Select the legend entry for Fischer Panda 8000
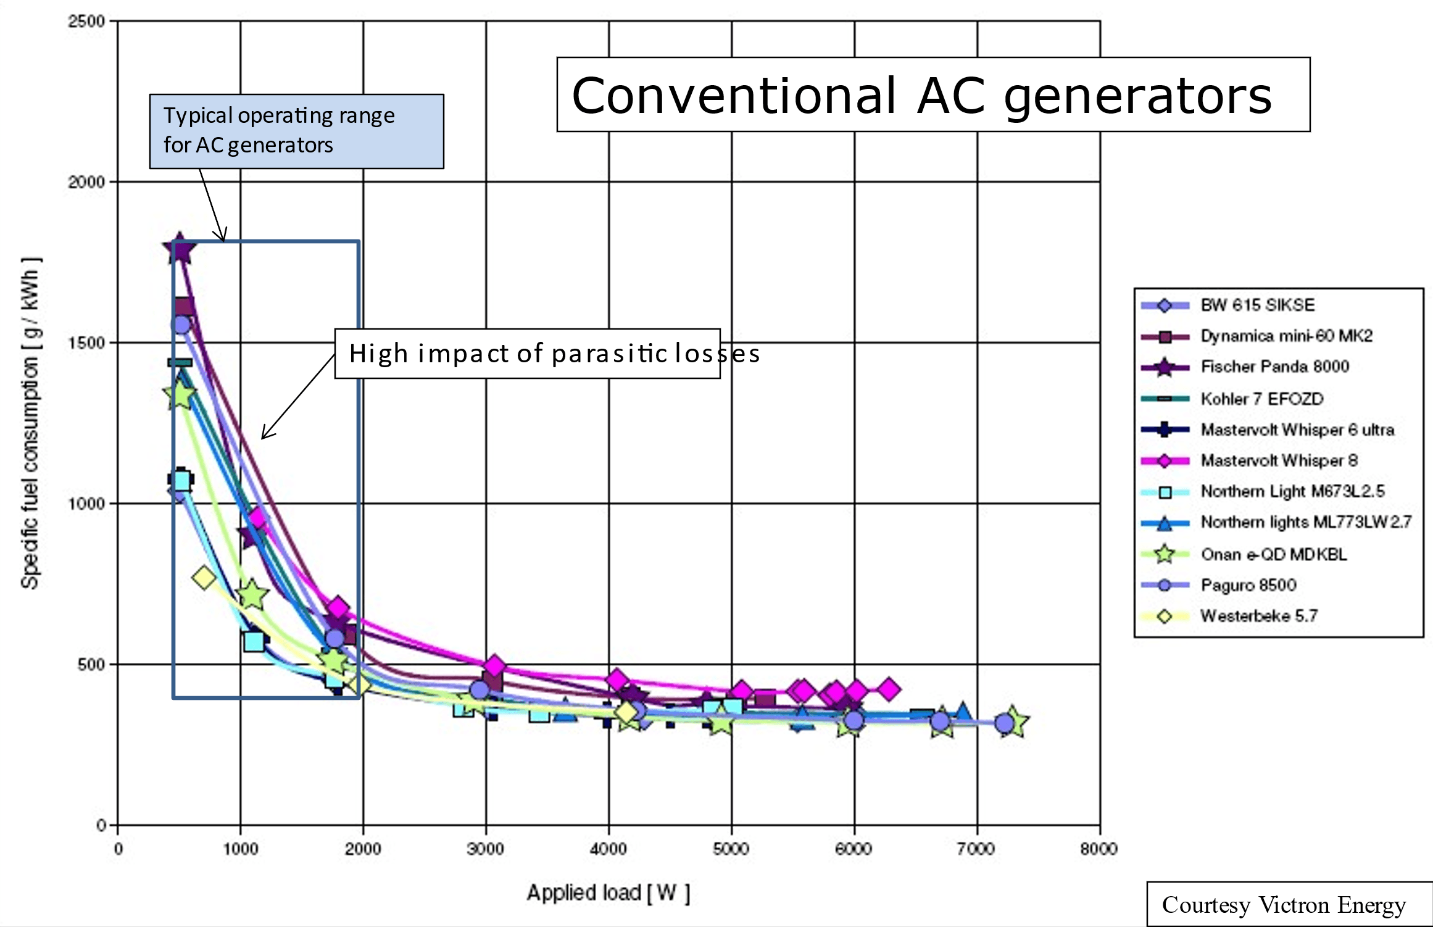coord(1275,367)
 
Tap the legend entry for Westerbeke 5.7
coord(1259,616)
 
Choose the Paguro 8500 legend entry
coord(1248,585)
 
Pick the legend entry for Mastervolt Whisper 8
coord(1279,460)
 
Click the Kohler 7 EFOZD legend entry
coord(1262,399)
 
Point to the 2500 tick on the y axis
coord(86,22)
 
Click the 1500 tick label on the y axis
coord(86,343)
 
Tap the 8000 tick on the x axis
coord(1099,849)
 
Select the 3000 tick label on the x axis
coord(486,849)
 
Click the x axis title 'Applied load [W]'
coord(608,892)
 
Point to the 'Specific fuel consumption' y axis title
coord(30,423)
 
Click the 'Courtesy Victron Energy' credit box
coord(1284,905)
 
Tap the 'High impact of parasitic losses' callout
coord(527,354)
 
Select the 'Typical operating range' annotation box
coord(296,131)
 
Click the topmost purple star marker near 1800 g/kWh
coord(179,249)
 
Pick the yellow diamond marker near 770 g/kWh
coord(204,578)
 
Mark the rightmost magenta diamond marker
coord(888,689)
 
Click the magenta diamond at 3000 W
coord(494,666)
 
